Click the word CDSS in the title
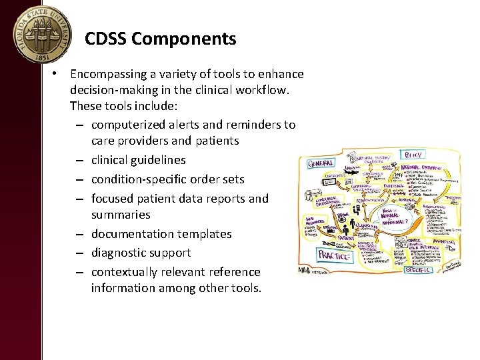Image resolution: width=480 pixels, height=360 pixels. tap(106, 39)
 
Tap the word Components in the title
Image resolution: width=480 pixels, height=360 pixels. tap(183, 39)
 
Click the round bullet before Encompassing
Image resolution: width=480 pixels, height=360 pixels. tap(60, 74)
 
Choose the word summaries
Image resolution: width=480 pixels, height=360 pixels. tap(121, 215)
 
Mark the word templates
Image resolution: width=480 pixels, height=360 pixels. tap(201, 234)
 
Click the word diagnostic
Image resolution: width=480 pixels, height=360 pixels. tap(119, 253)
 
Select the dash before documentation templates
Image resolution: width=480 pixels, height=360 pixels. tap(79, 234)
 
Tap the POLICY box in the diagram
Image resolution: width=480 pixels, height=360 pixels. tap(411, 155)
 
